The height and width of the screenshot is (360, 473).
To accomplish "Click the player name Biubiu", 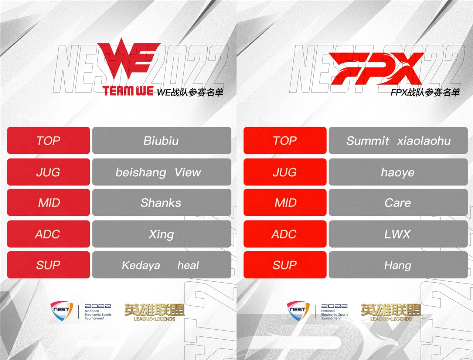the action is (x=161, y=141).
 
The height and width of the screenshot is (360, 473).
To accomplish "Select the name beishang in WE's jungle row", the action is (x=141, y=172).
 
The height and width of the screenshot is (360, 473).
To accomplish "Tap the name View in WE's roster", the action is (x=188, y=172).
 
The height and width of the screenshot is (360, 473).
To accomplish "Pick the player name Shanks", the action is (x=161, y=203).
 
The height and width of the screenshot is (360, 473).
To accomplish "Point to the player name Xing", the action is (x=161, y=234).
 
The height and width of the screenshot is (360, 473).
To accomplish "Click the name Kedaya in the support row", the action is (x=141, y=265).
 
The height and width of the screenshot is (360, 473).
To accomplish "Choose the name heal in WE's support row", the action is (x=188, y=265).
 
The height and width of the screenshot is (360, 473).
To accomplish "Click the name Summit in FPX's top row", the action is (x=368, y=141).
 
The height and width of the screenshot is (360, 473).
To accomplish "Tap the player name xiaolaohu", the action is (x=424, y=141).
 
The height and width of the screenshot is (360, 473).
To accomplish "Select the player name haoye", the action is (x=398, y=173).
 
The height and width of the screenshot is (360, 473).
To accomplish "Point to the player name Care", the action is (x=398, y=203).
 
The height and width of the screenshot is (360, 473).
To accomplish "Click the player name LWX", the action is (x=397, y=234).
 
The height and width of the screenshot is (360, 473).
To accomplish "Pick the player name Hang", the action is (x=398, y=265).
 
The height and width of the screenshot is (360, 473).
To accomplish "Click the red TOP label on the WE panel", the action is (x=48, y=140).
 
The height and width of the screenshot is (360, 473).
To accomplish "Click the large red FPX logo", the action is (x=376, y=68).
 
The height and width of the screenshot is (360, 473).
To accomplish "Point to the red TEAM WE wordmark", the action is (x=128, y=91).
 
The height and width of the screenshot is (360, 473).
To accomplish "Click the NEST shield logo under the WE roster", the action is (x=62, y=311).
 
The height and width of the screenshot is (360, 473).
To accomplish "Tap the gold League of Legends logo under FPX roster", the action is (x=391, y=312).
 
